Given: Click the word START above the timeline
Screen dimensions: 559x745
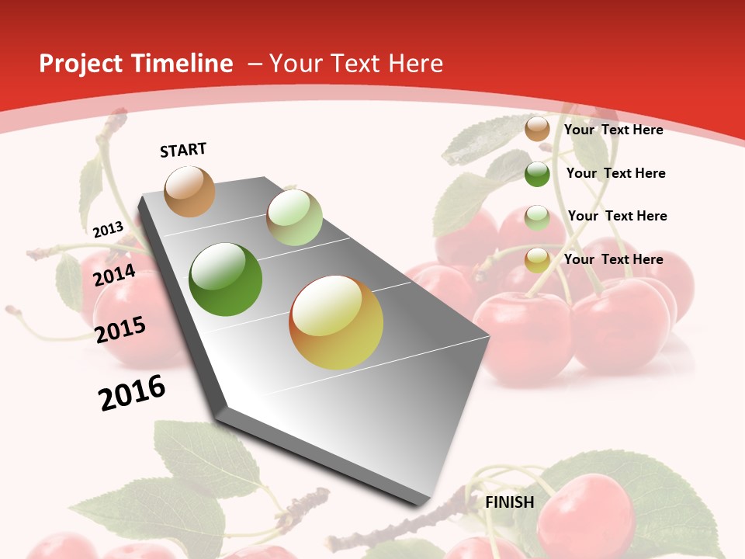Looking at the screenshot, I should tap(183, 150).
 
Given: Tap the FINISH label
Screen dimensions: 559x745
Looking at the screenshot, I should tap(510, 502).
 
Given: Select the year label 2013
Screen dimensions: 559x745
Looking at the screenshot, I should tap(108, 229).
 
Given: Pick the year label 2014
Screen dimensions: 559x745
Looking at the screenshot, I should tap(114, 275).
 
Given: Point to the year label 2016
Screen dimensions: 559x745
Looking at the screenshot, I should tap(132, 392).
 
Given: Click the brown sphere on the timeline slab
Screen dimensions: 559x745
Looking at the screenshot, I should tap(189, 191).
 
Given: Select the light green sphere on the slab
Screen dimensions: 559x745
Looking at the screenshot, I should tap(294, 217).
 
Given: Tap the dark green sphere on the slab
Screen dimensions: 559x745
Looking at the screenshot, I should tap(226, 279).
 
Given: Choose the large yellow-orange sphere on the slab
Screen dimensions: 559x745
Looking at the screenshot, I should tap(336, 322).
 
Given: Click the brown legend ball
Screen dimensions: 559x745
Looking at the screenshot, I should tap(537, 129).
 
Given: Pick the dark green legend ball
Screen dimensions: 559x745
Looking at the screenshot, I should tap(537, 174).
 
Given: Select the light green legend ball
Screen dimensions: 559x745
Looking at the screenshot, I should tap(537, 217).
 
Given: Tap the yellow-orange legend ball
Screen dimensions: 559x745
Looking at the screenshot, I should tap(537, 260).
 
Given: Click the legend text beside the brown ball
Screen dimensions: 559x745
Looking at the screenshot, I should tap(613, 130).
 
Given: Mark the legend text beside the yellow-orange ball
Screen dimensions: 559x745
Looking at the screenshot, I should tap(613, 259).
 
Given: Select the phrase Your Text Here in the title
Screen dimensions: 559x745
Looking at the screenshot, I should tap(356, 64).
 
